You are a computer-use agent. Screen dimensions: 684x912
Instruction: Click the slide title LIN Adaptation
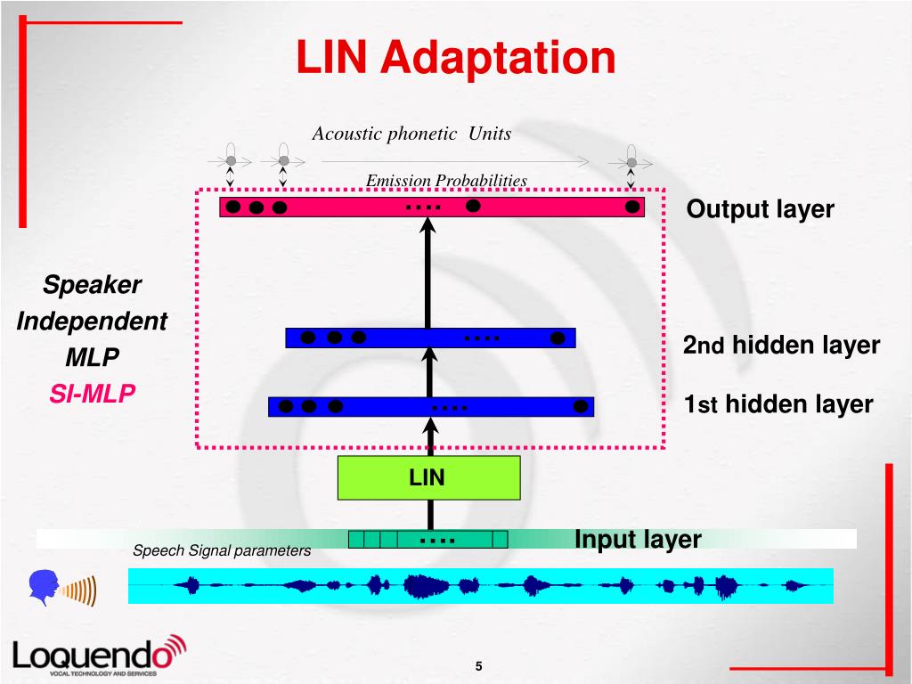tap(455, 57)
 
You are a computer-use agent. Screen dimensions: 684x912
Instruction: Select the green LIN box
tap(427, 477)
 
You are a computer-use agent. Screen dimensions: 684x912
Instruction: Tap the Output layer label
tap(760, 209)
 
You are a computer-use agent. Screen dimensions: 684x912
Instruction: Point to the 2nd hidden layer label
tap(781, 345)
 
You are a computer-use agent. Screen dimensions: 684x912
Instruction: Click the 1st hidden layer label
tap(778, 404)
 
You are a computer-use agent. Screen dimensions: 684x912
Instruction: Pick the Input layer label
tap(638, 540)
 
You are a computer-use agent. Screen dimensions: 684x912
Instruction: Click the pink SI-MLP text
tap(92, 393)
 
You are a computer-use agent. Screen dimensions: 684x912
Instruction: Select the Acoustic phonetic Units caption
tap(411, 134)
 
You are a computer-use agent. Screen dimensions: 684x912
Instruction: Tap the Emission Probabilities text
tap(446, 181)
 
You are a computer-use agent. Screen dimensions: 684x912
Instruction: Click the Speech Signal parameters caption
tap(222, 550)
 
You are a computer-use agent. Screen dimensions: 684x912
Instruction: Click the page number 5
tap(478, 667)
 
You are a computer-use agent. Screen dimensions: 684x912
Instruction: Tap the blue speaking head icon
tap(44, 587)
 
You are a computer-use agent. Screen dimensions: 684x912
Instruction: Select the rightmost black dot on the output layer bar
tap(631, 207)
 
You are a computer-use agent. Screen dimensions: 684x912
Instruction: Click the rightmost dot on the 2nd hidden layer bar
tap(558, 338)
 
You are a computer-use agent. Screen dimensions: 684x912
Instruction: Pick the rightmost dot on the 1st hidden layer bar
tap(581, 406)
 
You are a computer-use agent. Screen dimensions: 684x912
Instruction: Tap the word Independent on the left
tap(92, 322)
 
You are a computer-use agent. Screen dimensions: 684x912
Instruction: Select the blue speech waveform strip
tap(481, 586)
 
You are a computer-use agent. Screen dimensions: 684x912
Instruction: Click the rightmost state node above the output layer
tap(631, 162)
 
